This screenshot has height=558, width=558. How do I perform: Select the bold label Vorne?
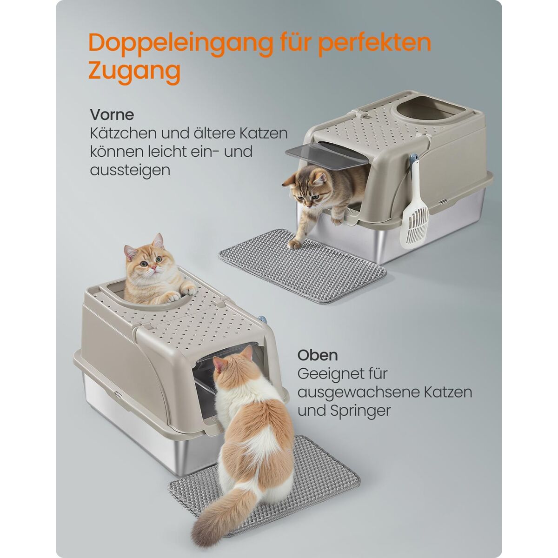pyautogui.click(x=112, y=115)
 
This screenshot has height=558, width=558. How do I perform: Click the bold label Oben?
pyautogui.click(x=318, y=355)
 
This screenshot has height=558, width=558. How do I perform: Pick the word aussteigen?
pyautogui.click(x=130, y=171)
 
